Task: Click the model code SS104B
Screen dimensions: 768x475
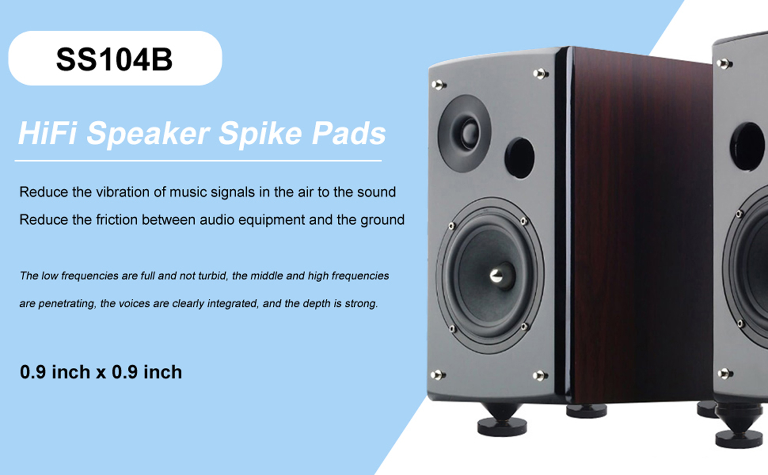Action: pos(114,59)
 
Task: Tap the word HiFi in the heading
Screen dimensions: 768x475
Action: pos(48,133)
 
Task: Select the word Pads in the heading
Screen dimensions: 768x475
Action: pos(348,133)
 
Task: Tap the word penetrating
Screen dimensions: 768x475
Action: pos(67,304)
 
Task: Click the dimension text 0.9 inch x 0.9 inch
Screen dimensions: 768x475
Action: pos(101,372)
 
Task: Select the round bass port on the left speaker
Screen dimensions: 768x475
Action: pos(519,158)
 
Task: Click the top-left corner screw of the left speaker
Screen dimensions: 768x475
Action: pos(439,84)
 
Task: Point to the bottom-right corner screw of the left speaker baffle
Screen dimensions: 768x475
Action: pos(540,375)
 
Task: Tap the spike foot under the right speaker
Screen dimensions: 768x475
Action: pos(739,427)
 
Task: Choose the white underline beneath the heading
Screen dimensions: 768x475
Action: pos(198,161)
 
